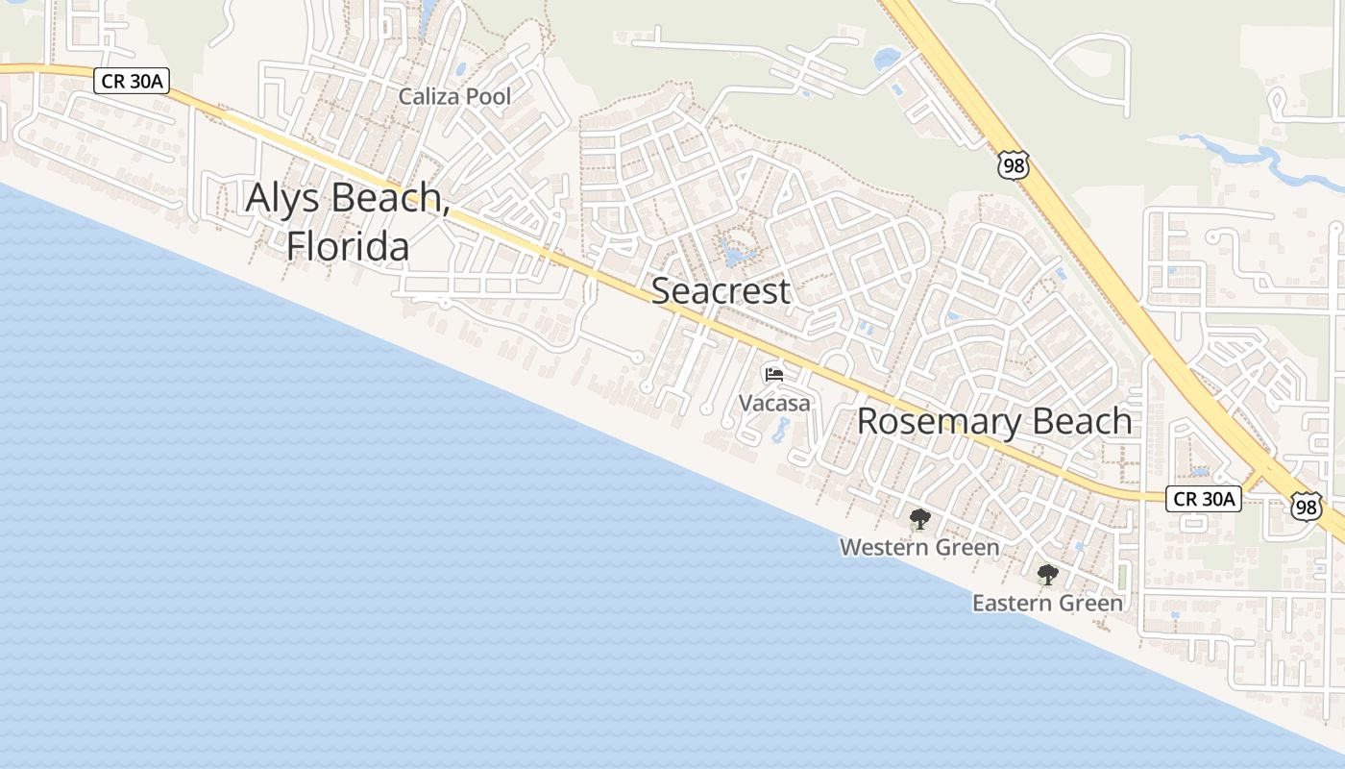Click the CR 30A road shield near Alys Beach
[131, 81]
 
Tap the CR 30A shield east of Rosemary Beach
[1204, 498]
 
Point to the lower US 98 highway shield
[1306, 507]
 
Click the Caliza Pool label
[454, 96]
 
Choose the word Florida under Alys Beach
[348, 247]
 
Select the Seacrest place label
[721, 291]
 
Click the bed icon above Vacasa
[774, 374]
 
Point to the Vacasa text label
[774, 403]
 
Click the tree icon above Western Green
[919, 520]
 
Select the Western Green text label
[919, 548]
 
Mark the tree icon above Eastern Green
[1047, 575]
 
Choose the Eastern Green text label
[1047, 604]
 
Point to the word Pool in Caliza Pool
[489, 96]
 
